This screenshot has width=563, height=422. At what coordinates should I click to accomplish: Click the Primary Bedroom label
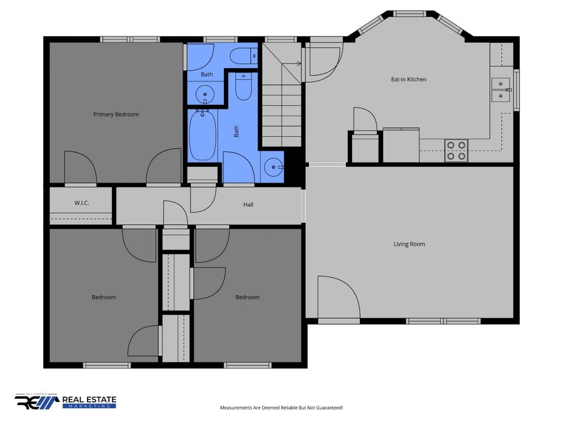point(116,114)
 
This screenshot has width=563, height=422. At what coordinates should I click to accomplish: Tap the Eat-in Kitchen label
point(408,79)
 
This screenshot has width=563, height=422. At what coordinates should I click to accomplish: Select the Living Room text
point(409,244)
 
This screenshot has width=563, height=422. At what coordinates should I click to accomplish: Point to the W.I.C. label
point(81,203)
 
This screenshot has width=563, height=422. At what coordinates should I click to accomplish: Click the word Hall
point(248,204)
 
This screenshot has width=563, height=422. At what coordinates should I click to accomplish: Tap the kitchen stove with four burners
point(457,150)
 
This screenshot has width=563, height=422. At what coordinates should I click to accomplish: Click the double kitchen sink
point(500,89)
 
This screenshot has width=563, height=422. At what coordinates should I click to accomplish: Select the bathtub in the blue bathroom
point(203,135)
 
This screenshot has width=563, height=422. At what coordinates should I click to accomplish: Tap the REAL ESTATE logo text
point(89,399)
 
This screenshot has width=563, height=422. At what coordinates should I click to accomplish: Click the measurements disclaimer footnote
point(281,408)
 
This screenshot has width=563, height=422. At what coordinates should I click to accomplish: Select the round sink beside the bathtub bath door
point(273,167)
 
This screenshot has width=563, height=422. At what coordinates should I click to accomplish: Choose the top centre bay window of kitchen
point(409,14)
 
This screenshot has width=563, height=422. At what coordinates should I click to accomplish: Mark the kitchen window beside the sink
point(516,89)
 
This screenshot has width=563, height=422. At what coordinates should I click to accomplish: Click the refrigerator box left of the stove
point(401,145)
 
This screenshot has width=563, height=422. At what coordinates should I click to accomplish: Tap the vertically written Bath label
point(236,131)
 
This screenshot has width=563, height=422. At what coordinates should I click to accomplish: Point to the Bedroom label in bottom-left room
point(104,297)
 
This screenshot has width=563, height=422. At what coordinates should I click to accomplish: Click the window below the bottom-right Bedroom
point(248,365)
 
